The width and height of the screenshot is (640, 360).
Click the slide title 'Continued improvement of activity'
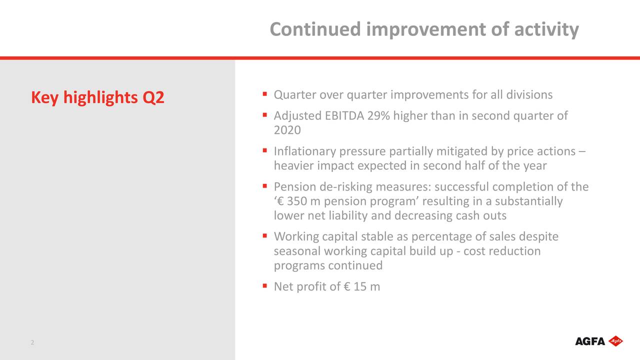pyautogui.click(x=424, y=29)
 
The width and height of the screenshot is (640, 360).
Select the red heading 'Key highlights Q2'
pyautogui.click(x=97, y=97)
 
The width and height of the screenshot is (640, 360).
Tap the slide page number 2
pyautogui.click(x=32, y=342)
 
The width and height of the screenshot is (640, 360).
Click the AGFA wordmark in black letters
pyautogui.click(x=590, y=341)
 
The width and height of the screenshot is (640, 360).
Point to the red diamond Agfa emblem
pyautogui.click(x=615, y=341)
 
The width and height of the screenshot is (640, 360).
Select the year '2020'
pyautogui.click(x=287, y=130)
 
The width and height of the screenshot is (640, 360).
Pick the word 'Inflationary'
pyautogui.click(x=304, y=151)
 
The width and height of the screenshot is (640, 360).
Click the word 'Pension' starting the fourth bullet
pyautogui.click(x=293, y=187)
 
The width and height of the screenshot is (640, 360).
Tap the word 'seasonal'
pyautogui.click(x=297, y=251)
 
